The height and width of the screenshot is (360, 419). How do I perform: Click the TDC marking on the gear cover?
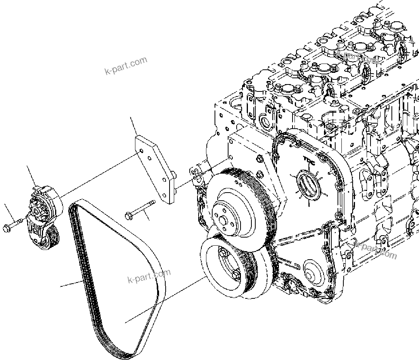309,159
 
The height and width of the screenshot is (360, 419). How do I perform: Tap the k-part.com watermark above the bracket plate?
126,66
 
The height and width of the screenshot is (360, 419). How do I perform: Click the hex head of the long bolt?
129,215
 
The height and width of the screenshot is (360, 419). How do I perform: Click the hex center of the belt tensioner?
38,211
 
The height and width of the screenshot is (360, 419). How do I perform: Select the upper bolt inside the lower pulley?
225,253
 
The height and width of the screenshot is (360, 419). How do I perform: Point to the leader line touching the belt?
72,284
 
